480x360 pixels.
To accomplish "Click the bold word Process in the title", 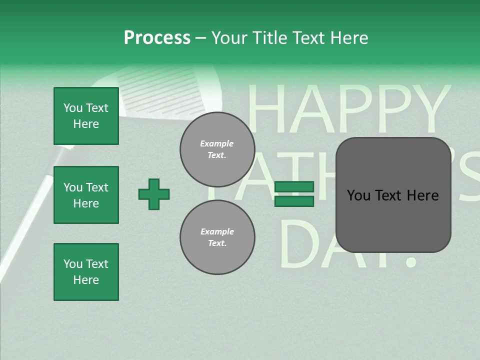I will pos(157,38).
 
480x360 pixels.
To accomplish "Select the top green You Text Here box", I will pos(86,116).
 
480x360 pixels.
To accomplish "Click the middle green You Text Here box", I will pos(86,195).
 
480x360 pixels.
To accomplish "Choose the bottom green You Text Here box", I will pos(86,272).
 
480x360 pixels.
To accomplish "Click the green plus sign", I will pos(154,194).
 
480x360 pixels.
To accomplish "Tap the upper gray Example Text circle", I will pos(217,149).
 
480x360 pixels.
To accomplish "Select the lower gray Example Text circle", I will pos(217,237).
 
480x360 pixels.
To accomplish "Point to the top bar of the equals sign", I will pos(294,187).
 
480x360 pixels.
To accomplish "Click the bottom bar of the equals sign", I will pos(294,201).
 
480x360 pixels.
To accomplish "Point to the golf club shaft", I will pos(30,210).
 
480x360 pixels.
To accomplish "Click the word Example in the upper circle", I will pos(216,143).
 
